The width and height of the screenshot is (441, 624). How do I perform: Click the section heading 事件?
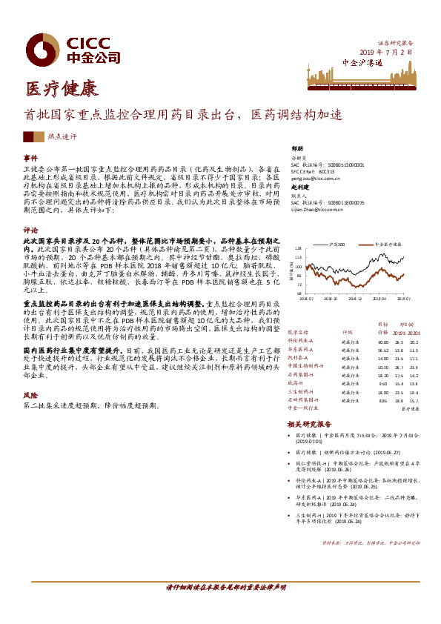30,158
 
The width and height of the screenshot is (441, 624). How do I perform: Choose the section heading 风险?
30,396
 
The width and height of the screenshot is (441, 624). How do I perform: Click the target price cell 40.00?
382,342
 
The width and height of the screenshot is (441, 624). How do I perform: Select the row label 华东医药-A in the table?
302,350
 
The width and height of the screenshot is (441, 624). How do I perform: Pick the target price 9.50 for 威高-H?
382,384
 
